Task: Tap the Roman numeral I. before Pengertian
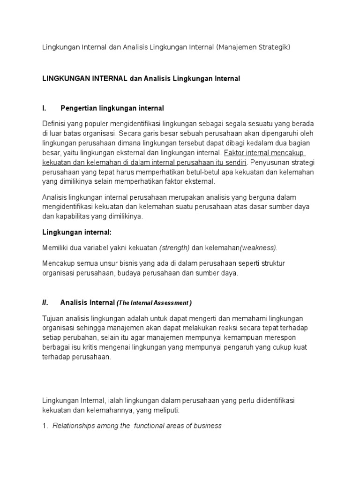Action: point(44,108)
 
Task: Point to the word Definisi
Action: point(54,123)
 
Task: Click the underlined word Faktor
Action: point(235,153)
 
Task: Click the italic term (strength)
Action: point(174,247)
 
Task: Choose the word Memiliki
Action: point(56,247)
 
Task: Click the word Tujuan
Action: point(53,318)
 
